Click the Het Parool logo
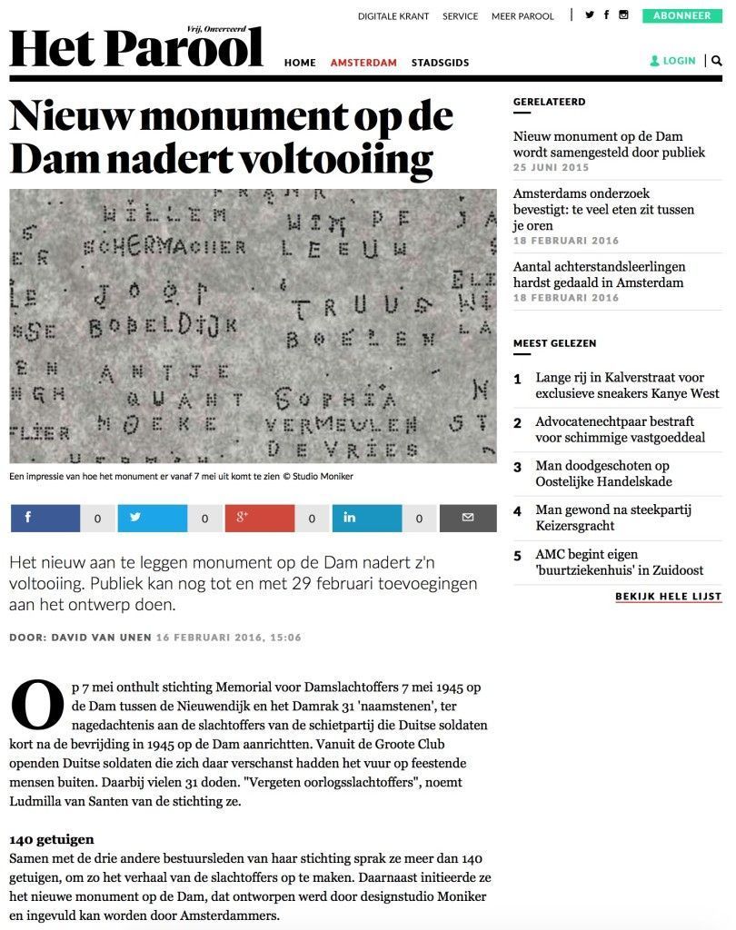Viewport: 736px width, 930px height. click(x=136, y=48)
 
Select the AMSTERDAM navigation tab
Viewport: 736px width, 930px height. click(x=363, y=63)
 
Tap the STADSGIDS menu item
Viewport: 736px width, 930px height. click(x=440, y=63)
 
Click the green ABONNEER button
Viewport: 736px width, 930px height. click(x=681, y=15)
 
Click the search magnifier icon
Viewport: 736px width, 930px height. click(x=717, y=61)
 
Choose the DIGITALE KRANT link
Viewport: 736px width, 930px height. click(x=393, y=16)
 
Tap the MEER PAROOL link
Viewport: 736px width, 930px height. click(x=522, y=16)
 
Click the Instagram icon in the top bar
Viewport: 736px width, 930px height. click(x=623, y=15)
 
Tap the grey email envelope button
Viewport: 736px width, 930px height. click(x=468, y=518)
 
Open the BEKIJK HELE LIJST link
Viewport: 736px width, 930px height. click(x=668, y=597)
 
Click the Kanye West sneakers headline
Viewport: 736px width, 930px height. click(x=627, y=386)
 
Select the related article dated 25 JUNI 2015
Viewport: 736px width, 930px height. click(x=609, y=144)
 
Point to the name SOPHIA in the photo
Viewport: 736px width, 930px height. click(x=335, y=399)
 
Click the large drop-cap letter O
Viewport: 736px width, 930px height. click(x=37, y=707)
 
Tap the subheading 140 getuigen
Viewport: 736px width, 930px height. click(x=52, y=839)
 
